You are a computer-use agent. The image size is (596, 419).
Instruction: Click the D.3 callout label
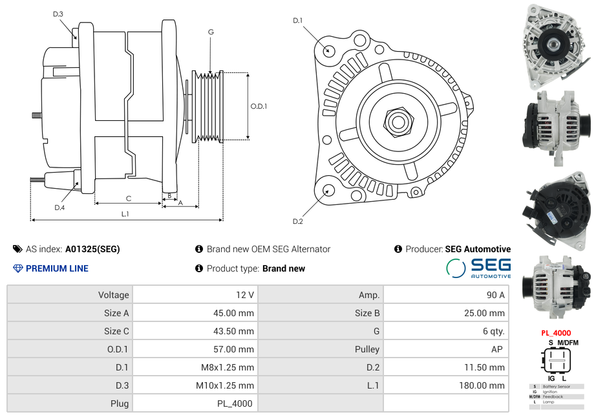pyautogui.click(x=58, y=14)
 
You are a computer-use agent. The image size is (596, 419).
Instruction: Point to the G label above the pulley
pyautogui.click(x=211, y=32)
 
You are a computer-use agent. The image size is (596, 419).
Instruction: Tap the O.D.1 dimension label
pyautogui.click(x=259, y=106)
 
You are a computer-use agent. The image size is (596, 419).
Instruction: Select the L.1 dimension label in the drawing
pyautogui.click(x=125, y=214)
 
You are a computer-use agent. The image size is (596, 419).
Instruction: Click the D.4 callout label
pyautogui.click(x=59, y=208)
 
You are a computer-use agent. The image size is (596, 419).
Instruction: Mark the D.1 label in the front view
pyautogui.click(x=297, y=21)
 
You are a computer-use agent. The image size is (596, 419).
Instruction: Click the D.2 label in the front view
pyautogui.click(x=297, y=222)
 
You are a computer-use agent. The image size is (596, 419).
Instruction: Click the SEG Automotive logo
pyautogui.click(x=478, y=268)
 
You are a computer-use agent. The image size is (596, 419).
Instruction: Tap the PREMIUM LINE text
pyautogui.click(x=57, y=268)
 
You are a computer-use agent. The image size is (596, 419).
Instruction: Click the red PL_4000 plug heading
pyautogui.click(x=556, y=333)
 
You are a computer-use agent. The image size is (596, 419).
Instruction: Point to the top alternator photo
pyautogui.click(x=555, y=46)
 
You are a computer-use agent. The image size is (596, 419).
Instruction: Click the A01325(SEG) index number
pyautogui.click(x=92, y=249)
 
